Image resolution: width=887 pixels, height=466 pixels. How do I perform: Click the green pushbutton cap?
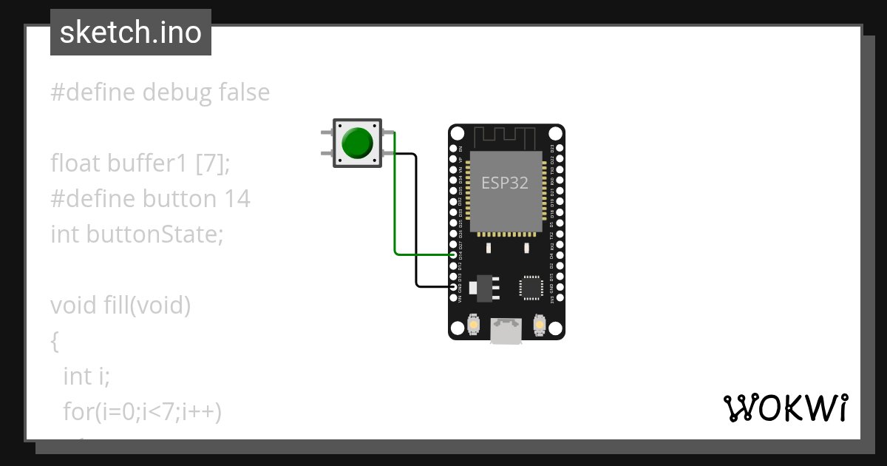(358, 143)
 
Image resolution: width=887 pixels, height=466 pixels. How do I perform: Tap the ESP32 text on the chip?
(505, 183)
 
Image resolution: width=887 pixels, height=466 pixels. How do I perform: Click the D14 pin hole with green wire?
(453, 254)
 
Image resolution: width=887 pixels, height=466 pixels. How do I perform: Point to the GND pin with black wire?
(453, 286)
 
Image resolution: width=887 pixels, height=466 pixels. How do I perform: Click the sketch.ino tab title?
(131, 33)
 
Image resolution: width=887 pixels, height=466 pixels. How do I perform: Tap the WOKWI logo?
(786, 408)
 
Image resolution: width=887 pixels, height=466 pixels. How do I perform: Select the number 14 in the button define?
(237, 198)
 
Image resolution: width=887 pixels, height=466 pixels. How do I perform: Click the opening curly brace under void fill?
(55, 340)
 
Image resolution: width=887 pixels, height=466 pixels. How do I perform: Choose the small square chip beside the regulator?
(531, 287)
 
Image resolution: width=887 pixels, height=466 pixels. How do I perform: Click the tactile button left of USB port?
(474, 324)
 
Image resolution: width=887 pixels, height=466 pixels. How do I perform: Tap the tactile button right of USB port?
(540, 324)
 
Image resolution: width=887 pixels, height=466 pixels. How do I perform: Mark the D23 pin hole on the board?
(560, 149)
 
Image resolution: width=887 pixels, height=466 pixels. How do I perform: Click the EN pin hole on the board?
(453, 149)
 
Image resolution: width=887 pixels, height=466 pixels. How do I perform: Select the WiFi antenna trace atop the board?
(506, 137)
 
